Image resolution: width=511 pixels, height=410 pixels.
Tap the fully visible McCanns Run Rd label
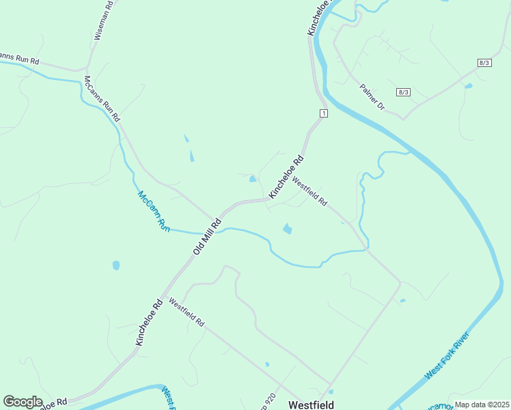point(101,98)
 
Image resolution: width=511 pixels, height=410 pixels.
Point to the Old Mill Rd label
point(208,236)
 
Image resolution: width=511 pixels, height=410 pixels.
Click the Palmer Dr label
point(372,97)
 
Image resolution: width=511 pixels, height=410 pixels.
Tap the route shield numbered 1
point(323,113)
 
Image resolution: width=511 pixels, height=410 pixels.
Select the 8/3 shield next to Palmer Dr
point(403,92)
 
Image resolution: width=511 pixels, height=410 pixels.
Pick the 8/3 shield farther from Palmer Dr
point(484,62)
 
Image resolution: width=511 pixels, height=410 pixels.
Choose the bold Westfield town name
point(311,405)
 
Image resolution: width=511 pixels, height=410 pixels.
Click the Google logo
point(23,402)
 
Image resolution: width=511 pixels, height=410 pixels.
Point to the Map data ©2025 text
point(481,405)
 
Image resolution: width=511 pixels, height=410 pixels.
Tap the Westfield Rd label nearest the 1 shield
point(310,192)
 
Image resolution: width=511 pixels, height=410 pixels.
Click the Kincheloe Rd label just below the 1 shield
point(286,178)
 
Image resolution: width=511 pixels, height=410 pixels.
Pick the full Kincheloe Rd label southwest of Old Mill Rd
point(149,322)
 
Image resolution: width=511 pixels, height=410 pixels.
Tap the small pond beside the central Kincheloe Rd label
point(253,179)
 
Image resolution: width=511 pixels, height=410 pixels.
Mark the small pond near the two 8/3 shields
point(468,86)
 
